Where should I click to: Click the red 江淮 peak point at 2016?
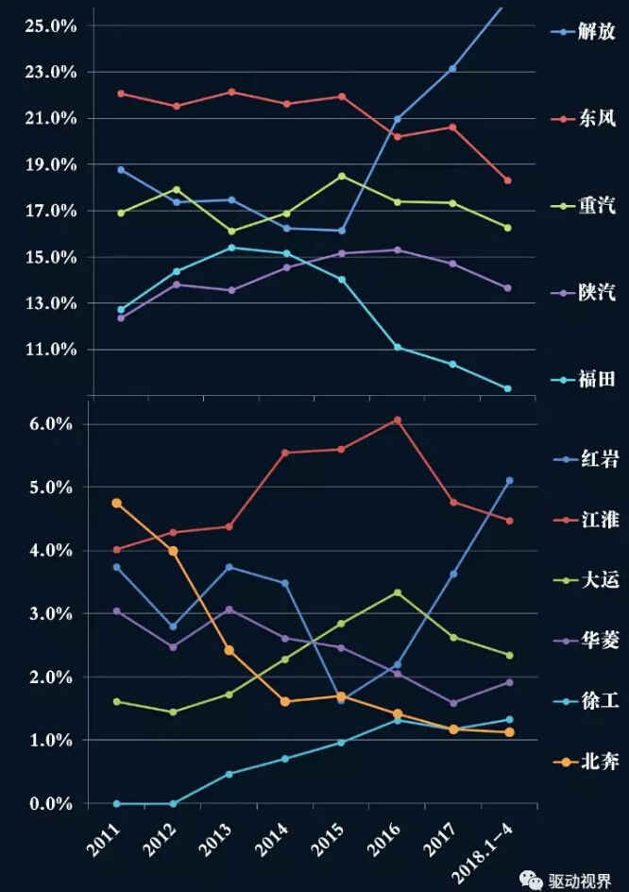click(x=398, y=420)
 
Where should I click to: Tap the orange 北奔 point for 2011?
click(x=116, y=503)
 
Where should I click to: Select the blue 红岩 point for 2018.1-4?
click(x=509, y=481)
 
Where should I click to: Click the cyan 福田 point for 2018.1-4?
click(x=508, y=388)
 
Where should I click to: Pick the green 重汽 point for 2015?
click(x=341, y=176)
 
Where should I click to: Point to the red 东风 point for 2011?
click(x=120, y=94)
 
